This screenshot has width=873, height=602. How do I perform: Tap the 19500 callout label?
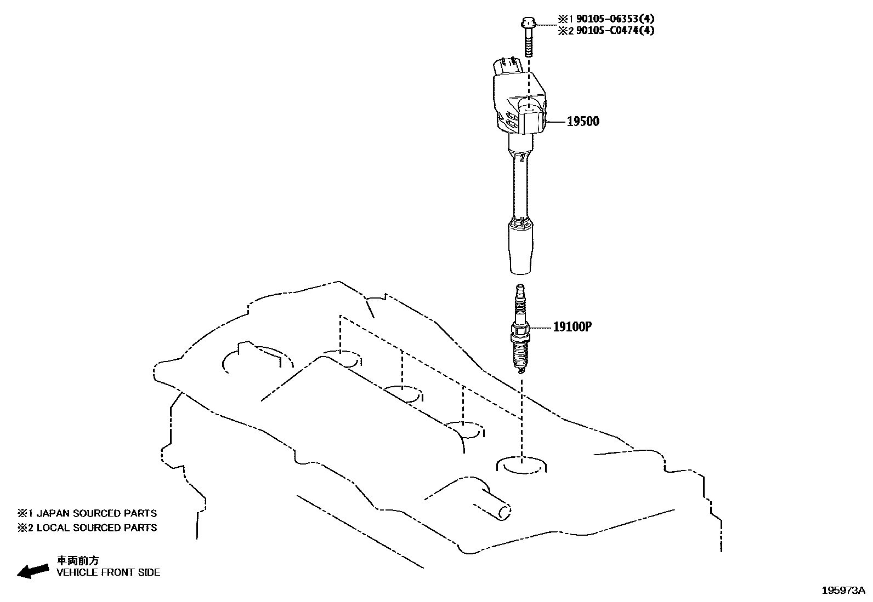coord(582,122)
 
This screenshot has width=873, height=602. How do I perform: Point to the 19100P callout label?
coord(572,327)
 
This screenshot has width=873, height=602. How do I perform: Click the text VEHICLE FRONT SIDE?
coord(109,572)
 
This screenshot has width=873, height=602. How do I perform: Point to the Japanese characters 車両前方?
coord(78,560)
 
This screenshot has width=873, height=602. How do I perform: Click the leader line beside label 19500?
coord(556,122)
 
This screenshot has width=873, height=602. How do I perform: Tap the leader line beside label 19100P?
coord(540,327)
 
